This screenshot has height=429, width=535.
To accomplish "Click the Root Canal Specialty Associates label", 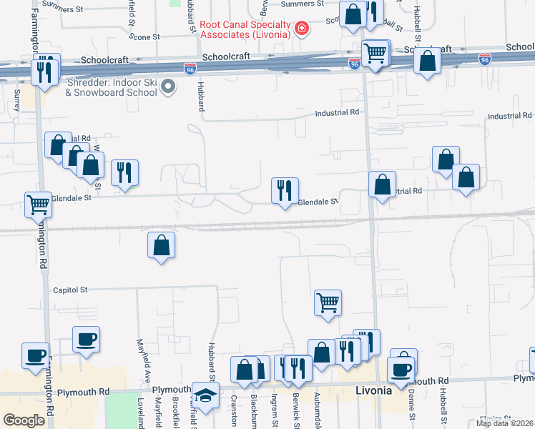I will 245,29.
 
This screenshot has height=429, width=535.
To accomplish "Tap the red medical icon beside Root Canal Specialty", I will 302,28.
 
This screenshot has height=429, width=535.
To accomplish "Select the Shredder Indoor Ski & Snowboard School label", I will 112,87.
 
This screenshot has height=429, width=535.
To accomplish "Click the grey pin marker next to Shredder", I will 169,87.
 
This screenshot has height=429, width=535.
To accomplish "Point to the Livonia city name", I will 374,390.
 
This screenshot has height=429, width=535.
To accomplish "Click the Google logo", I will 24,420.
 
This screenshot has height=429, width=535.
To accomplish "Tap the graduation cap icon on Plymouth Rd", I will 205,395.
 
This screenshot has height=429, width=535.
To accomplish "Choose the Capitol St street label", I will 70,290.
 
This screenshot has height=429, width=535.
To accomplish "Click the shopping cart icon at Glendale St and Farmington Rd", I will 38,204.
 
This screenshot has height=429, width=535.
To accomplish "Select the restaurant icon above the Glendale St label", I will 284,190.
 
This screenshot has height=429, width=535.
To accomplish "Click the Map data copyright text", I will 504,423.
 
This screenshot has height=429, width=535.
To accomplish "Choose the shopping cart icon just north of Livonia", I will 328,302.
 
